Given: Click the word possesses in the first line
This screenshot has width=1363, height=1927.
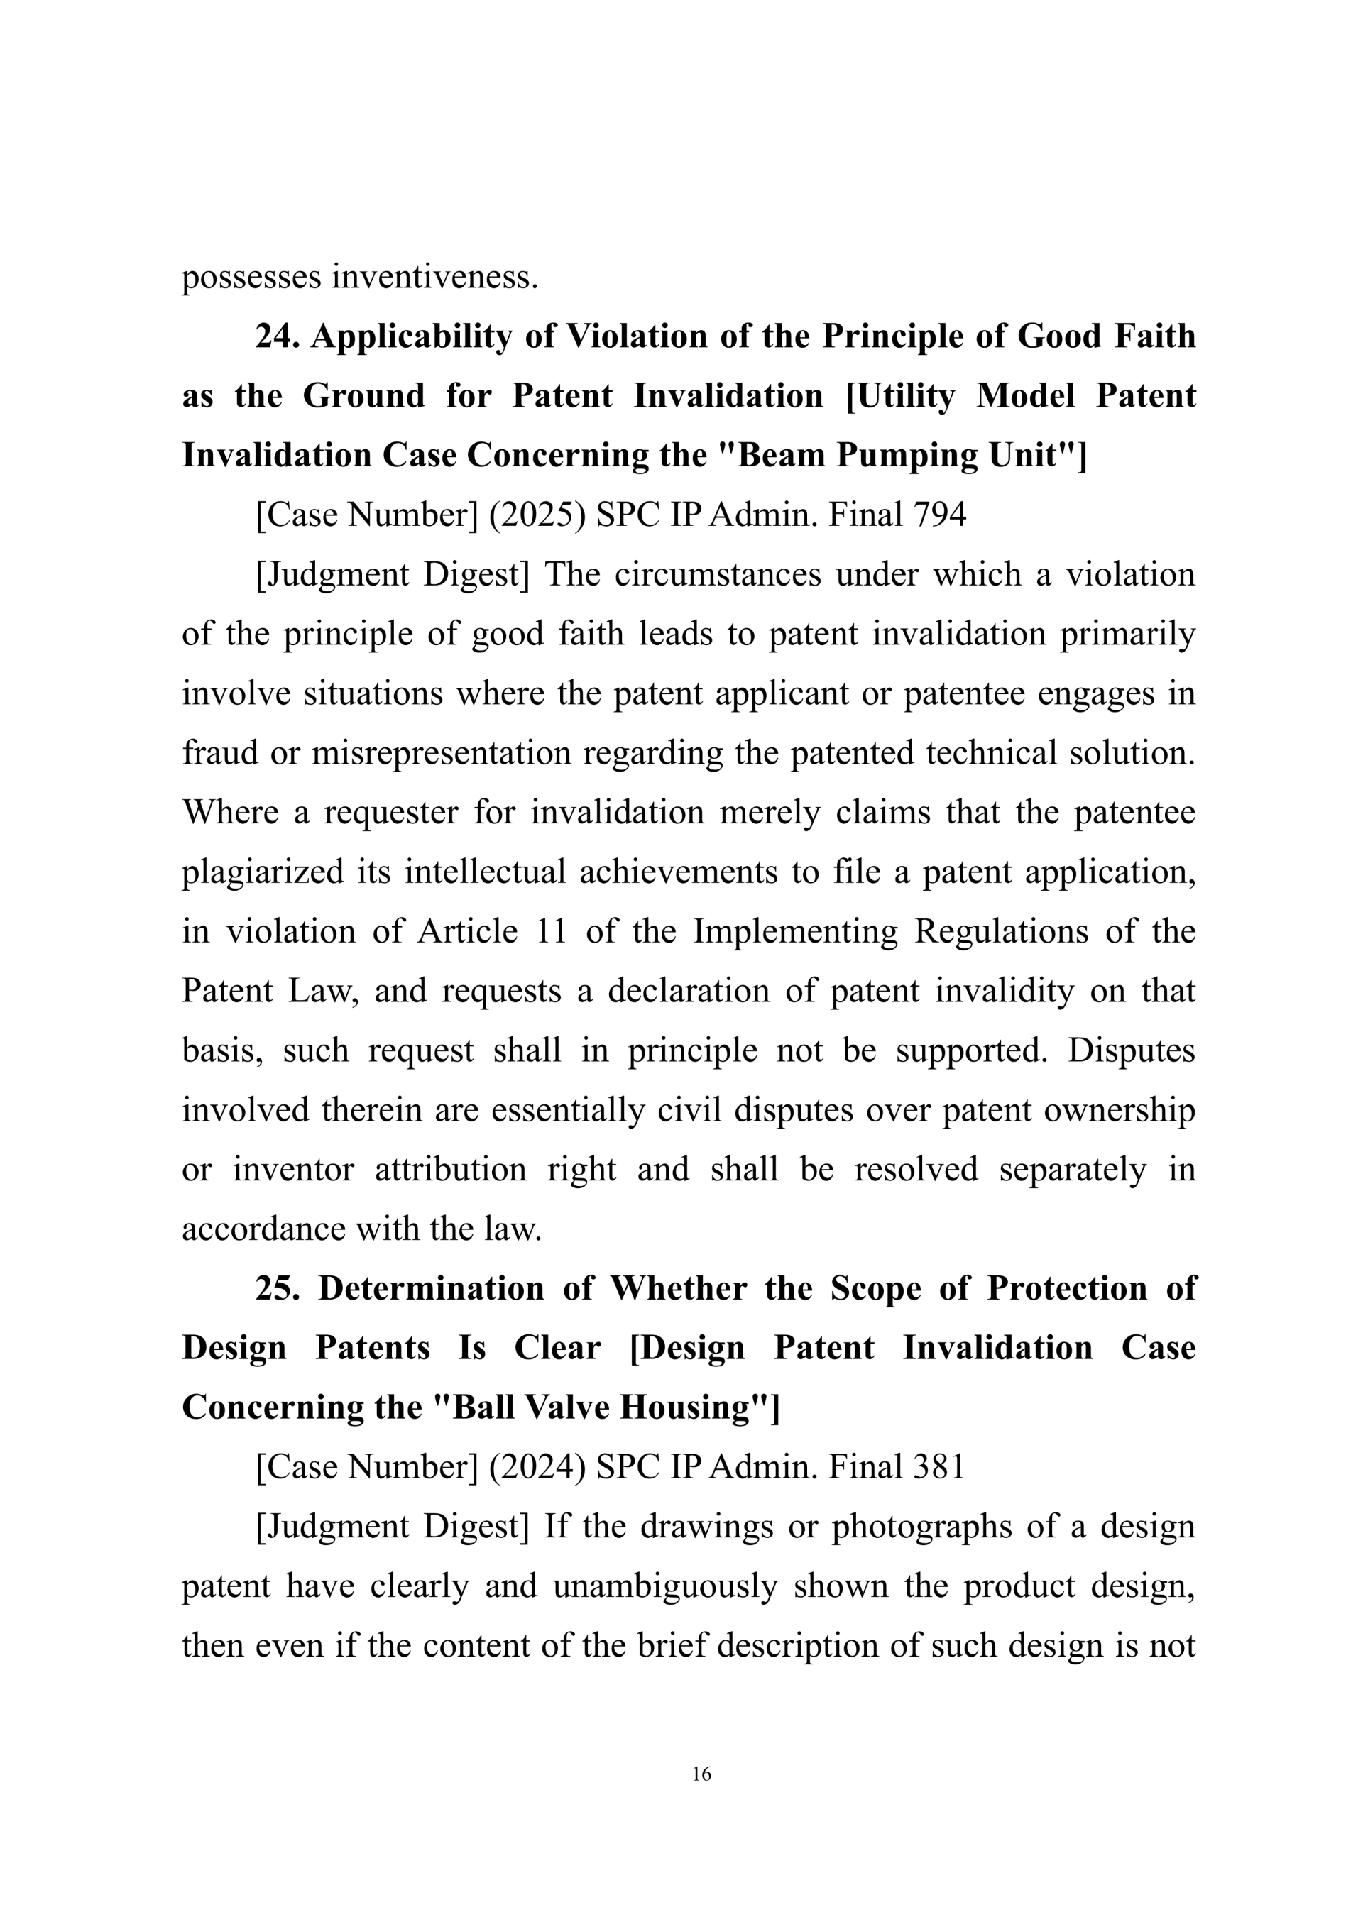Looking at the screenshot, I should click(252, 277).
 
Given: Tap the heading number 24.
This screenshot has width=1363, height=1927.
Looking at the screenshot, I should click(278, 336).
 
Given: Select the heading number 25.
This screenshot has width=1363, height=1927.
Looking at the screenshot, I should click(278, 1288).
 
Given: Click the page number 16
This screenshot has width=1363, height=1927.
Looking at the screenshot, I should click(701, 1774).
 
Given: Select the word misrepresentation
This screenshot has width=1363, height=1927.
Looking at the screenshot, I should click(442, 753).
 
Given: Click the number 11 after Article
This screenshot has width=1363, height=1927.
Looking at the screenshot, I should click(551, 932).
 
